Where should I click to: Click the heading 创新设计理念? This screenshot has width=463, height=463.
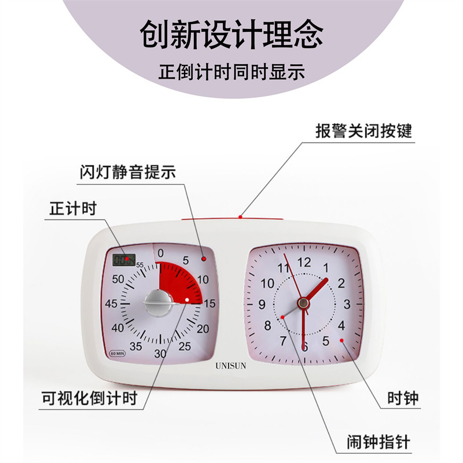(231, 35)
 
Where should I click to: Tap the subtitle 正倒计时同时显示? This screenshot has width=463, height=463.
(231, 73)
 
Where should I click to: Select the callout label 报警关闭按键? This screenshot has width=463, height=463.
(363, 131)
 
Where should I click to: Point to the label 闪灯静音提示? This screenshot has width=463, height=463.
(127, 172)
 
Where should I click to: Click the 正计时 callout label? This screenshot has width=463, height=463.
(70, 209)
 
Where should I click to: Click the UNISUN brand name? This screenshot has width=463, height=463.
(231, 366)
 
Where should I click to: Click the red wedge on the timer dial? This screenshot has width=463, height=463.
(182, 281)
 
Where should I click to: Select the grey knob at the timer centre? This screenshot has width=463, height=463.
(157, 302)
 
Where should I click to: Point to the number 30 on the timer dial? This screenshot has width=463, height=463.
(160, 354)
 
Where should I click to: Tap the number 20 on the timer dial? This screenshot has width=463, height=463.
(203, 329)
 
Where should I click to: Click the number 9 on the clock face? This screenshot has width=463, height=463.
(262, 304)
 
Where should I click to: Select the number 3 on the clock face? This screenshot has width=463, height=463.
(347, 304)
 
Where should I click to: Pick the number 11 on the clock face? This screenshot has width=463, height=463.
(283, 268)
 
